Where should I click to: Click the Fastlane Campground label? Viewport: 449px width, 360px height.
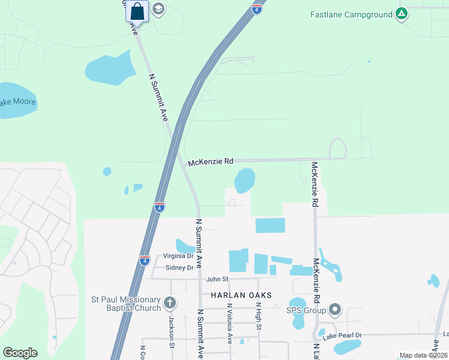coord(351,14)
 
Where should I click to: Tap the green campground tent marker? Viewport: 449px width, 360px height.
coord(402,14)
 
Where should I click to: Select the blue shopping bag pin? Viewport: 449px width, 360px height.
coord(137,11)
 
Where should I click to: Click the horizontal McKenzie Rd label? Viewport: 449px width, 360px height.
coord(210,162)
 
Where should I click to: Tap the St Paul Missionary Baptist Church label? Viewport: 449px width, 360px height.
coord(126,304)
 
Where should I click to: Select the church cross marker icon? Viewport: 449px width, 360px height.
coord(170,304)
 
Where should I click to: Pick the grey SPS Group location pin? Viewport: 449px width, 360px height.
coord(335,310)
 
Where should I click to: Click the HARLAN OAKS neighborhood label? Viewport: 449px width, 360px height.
coord(241,295)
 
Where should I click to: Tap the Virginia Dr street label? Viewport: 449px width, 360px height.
coord(178,256)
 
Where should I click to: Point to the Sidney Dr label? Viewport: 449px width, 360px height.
coord(179,268)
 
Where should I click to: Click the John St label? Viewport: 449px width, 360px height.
coord(217,278)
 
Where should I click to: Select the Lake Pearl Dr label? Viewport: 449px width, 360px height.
coord(342,335)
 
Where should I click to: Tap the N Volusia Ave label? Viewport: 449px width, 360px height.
coord(229,324)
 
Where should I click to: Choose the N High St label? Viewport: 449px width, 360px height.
coord(259,316)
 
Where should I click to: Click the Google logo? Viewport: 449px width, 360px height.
coord(20,353)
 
